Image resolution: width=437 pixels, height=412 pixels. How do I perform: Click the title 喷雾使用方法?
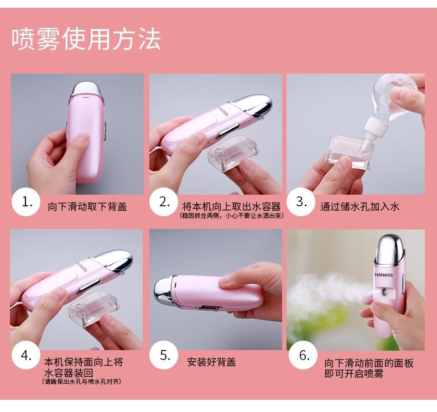(86, 39)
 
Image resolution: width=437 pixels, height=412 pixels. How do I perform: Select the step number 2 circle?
(164, 202)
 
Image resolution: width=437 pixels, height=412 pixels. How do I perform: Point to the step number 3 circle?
(301, 201)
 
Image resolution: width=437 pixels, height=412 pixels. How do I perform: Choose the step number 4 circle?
(26, 356)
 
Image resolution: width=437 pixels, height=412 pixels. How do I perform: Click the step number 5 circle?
(164, 355)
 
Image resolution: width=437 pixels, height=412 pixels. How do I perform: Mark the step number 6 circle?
(303, 355)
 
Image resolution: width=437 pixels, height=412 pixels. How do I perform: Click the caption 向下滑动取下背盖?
(87, 207)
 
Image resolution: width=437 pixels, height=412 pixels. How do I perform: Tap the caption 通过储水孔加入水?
(360, 207)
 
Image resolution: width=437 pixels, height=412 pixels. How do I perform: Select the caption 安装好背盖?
(211, 362)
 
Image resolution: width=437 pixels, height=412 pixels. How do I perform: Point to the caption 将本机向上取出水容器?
(231, 206)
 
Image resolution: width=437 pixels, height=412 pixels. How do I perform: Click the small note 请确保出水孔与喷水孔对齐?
(82, 382)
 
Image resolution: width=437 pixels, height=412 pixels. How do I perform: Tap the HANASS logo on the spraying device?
(383, 275)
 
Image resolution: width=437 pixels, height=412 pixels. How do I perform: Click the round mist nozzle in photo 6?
(385, 292)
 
